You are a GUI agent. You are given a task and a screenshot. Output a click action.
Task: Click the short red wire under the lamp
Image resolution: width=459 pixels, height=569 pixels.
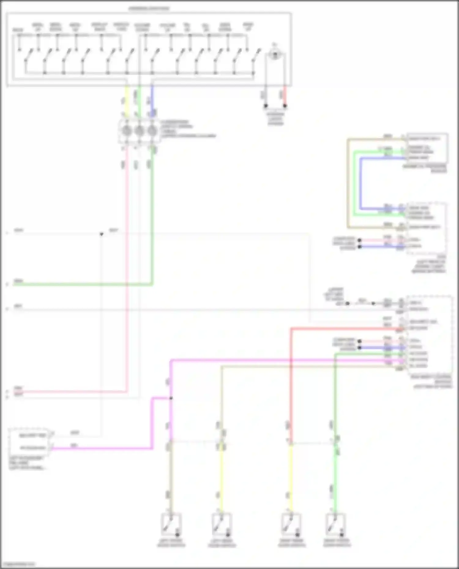coord(285,95)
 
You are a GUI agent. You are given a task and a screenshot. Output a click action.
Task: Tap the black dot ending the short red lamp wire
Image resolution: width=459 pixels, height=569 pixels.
coord(285,106)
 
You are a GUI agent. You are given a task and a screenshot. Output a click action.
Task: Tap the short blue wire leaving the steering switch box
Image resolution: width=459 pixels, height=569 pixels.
coord(152,99)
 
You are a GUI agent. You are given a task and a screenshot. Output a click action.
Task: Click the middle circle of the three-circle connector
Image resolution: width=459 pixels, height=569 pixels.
coord(139,131)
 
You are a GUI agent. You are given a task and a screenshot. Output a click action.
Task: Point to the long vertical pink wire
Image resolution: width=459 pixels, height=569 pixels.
coord(126,275)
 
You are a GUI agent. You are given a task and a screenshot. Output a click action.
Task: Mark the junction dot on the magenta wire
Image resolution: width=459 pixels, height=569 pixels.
coord(171,398)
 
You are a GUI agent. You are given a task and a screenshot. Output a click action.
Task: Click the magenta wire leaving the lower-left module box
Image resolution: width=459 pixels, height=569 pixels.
coord(101,449)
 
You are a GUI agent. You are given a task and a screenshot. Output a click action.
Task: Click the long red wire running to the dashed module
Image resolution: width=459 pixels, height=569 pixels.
coord(291,382)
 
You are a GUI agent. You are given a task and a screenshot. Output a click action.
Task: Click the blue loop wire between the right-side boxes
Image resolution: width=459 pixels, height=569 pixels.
coord(361,183)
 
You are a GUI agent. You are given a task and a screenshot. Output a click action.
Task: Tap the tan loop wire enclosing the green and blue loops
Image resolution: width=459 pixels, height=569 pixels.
coord(348,183)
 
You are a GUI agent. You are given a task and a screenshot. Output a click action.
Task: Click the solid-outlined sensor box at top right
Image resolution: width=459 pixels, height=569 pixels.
coord(427,148)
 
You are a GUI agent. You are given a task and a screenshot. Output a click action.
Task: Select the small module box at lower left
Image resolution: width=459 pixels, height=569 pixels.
coord(29,442)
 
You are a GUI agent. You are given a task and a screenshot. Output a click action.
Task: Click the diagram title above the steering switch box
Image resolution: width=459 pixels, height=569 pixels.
coord(149,9)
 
